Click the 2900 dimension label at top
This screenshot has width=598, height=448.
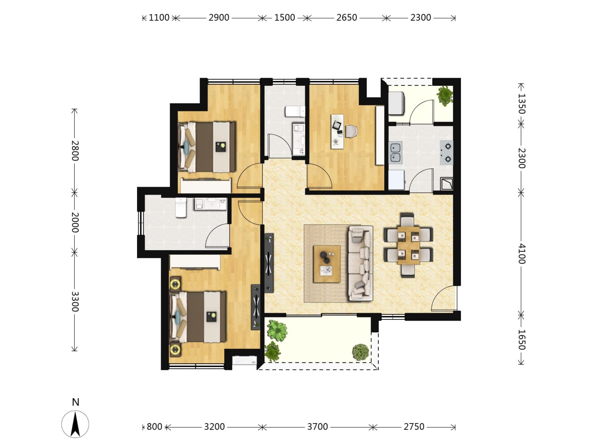[x=218, y=18]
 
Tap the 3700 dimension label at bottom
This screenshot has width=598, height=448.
[x=317, y=426]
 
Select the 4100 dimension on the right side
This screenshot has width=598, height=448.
[x=521, y=253]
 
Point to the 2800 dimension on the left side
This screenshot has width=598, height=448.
[x=75, y=151]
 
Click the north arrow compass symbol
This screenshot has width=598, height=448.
[x=75, y=424]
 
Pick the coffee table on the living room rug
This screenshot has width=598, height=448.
[x=326, y=264]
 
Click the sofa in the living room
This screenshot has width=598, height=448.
[x=360, y=263]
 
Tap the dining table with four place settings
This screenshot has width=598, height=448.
[x=408, y=245]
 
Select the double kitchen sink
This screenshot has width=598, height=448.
[x=395, y=153]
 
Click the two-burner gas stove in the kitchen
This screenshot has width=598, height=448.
[x=446, y=153]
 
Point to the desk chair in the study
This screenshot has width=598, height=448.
[x=351, y=131]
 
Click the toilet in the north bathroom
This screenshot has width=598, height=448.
[x=295, y=112]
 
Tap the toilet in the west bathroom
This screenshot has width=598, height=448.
[x=181, y=207]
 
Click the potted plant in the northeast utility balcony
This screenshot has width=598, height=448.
[x=445, y=96]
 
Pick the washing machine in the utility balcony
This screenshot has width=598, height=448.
[x=396, y=103]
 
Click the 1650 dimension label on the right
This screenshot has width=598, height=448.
[x=521, y=339]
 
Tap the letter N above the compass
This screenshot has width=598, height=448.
[x=76, y=402]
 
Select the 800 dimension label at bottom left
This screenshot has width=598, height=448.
[x=154, y=426]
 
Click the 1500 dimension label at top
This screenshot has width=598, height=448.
[x=284, y=18]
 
